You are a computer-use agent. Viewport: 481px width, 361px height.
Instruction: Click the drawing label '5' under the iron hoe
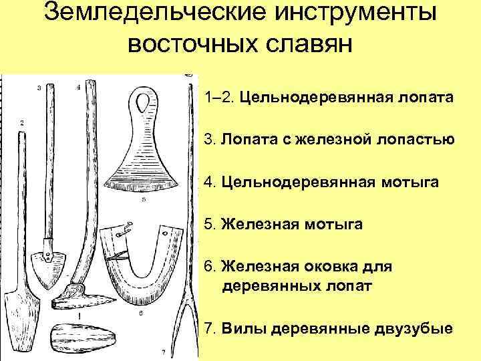[144, 199]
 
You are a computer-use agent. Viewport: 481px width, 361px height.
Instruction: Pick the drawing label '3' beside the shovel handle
[39, 88]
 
